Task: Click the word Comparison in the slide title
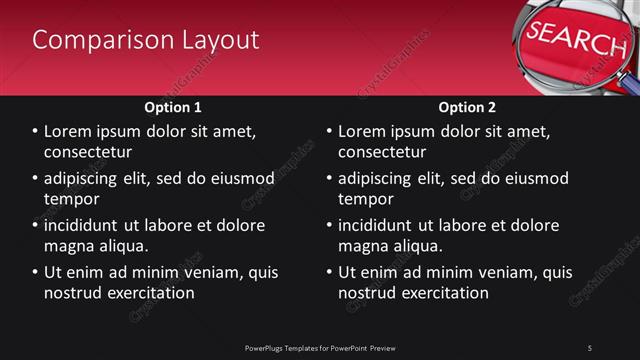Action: (x=91, y=40)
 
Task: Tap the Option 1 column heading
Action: (x=173, y=107)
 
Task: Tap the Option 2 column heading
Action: (x=467, y=107)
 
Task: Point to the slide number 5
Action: (x=590, y=347)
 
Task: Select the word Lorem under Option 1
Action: (x=70, y=131)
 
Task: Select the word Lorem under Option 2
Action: (x=364, y=131)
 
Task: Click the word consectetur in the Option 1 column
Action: (x=88, y=152)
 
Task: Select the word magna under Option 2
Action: (x=363, y=246)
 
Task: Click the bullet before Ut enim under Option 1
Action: (x=36, y=272)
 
